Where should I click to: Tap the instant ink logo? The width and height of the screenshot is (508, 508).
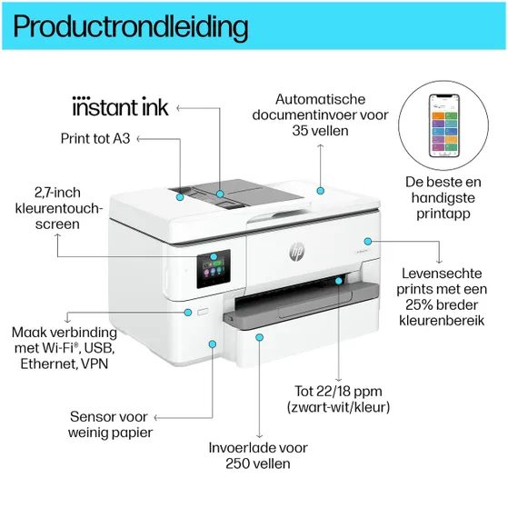tap(120, 108)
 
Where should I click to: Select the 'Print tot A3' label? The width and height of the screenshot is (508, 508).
tap(96, 139)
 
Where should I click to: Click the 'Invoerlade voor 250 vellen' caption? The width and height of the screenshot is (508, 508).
tap(257, 455)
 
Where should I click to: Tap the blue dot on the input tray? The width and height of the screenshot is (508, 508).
tap(259, 337)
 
